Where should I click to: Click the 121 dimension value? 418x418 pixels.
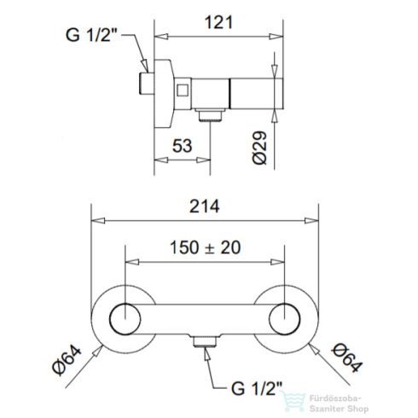(218, 22)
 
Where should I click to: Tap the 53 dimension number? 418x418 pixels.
(183, 146)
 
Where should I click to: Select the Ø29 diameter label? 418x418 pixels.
(260, 148)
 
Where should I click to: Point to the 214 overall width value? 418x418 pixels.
(205, 206)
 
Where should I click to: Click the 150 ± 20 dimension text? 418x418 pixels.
(205, 247)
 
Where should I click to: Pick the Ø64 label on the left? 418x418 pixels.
(67, 360)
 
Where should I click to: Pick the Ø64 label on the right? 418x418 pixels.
(347, 357)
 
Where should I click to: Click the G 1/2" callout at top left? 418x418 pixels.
(91, 35)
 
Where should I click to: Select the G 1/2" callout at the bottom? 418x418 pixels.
(257, 388)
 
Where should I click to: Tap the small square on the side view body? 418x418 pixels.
(183, 90)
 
